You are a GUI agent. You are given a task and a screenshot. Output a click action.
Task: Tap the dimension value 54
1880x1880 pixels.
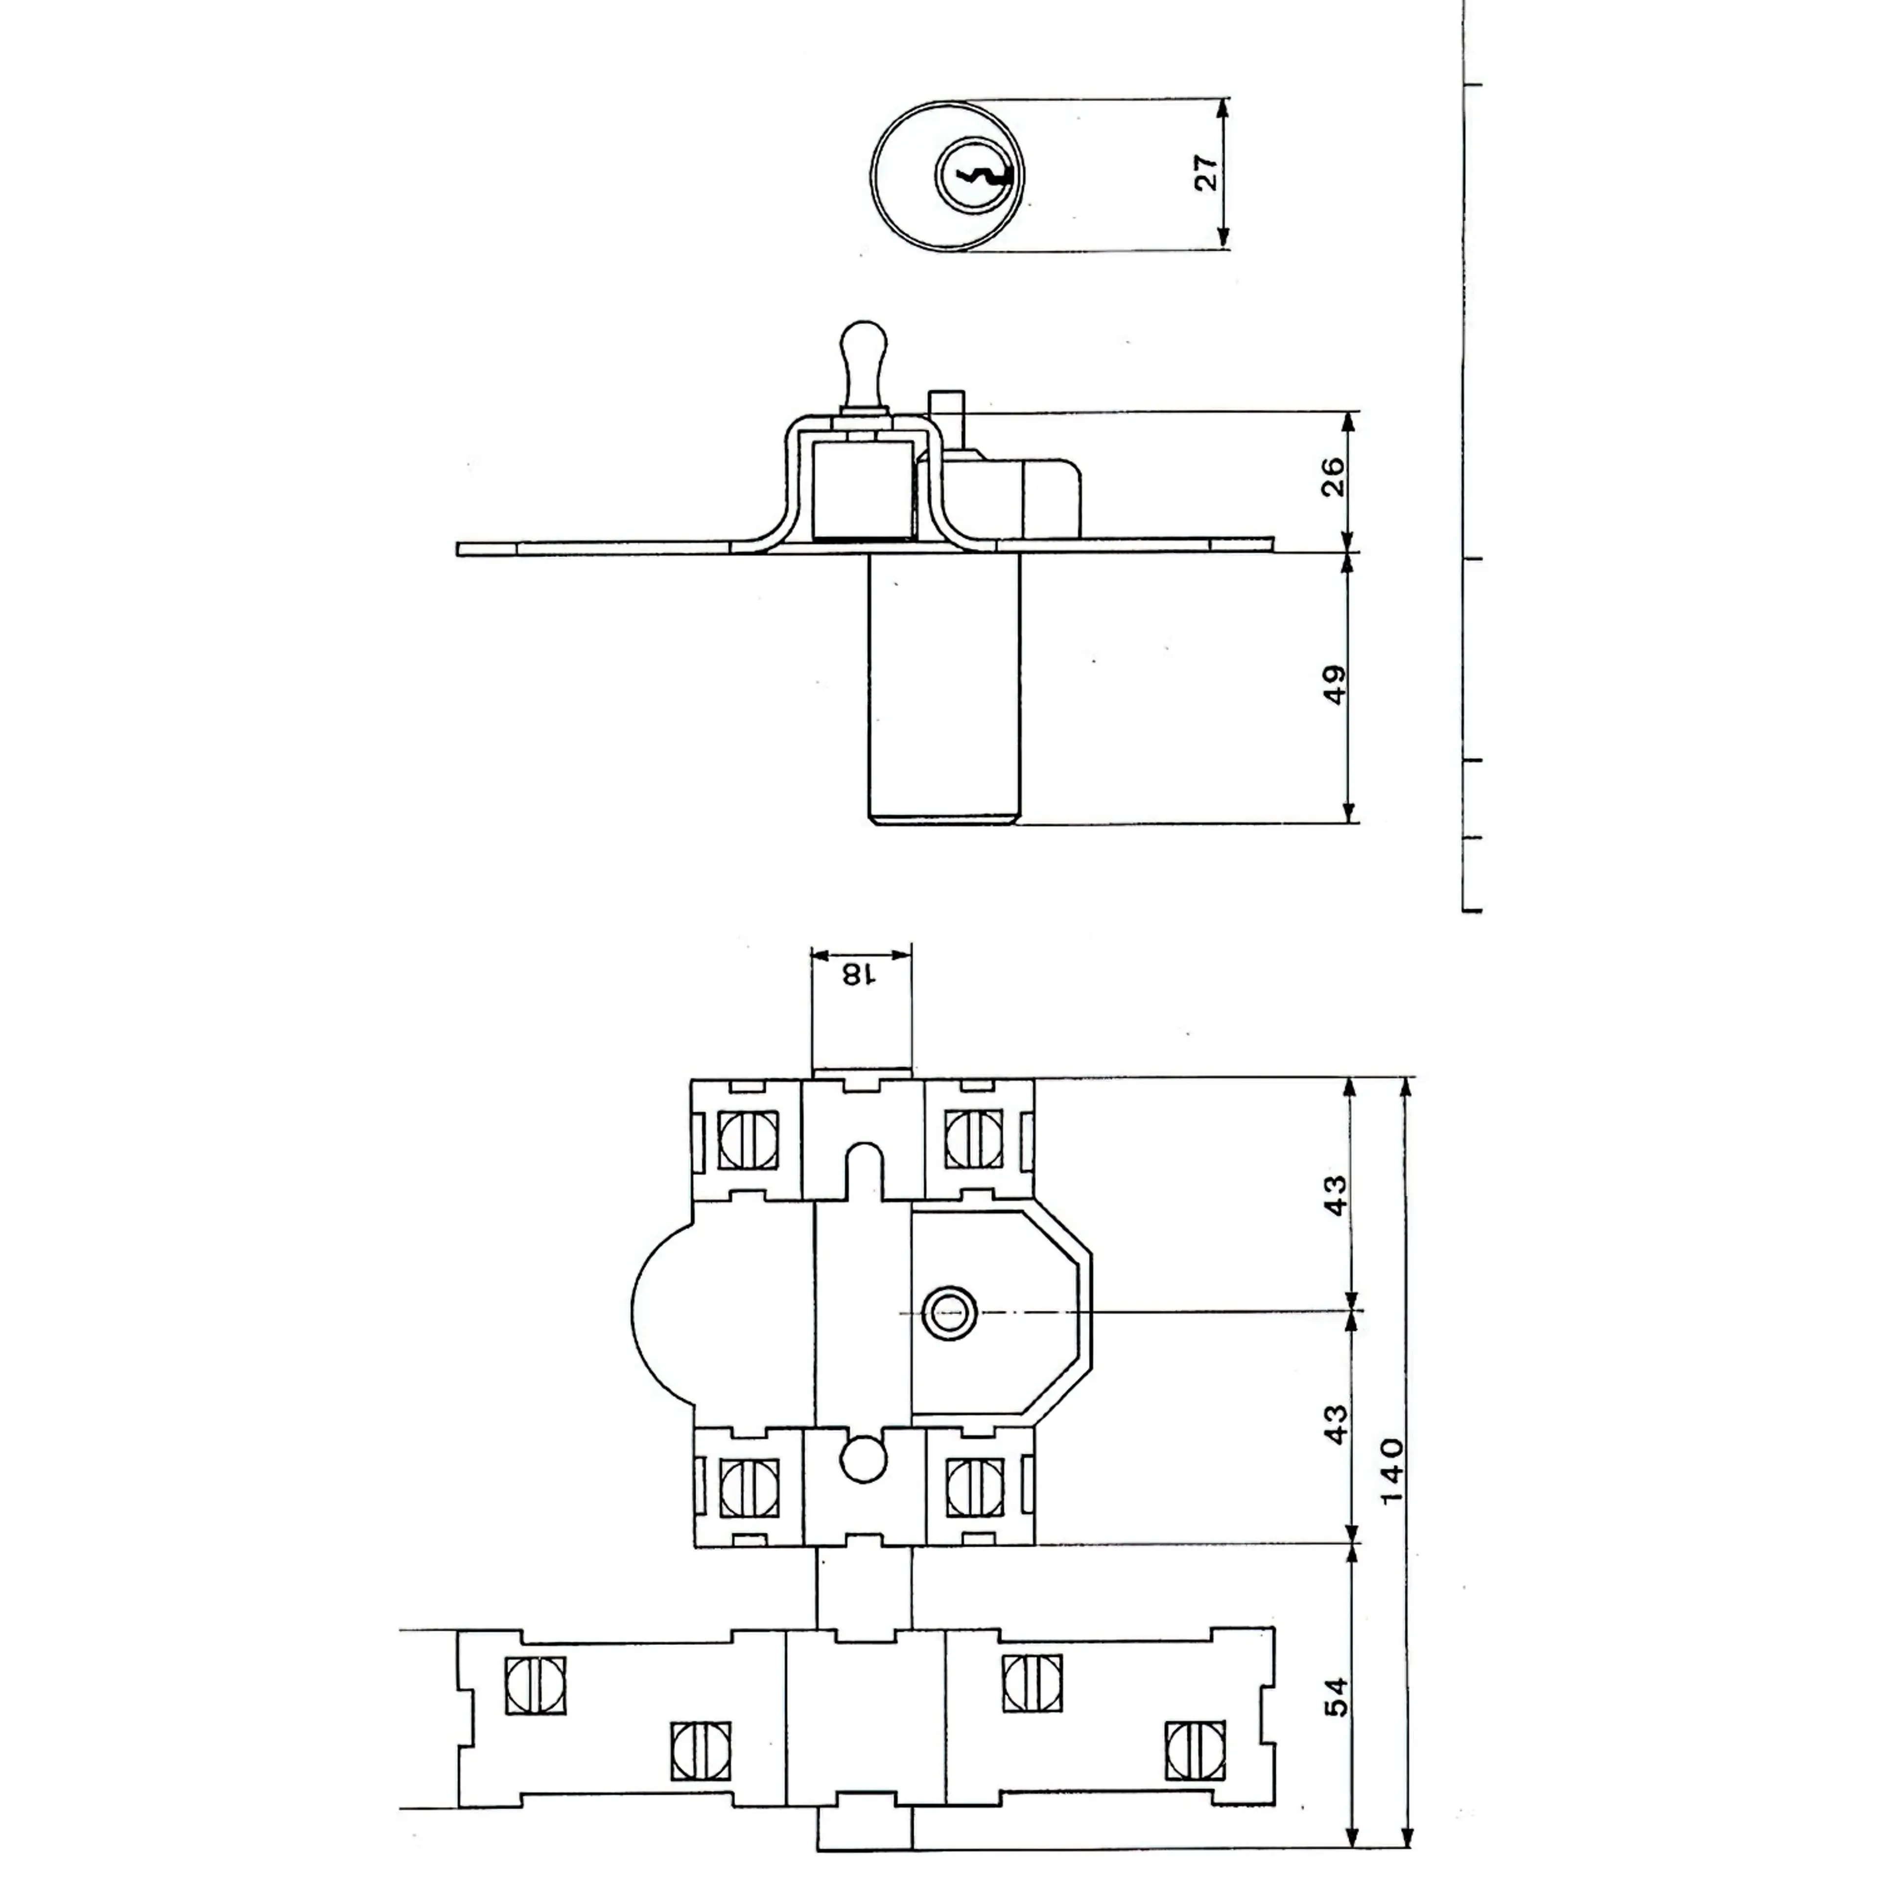(1337, 1696)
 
